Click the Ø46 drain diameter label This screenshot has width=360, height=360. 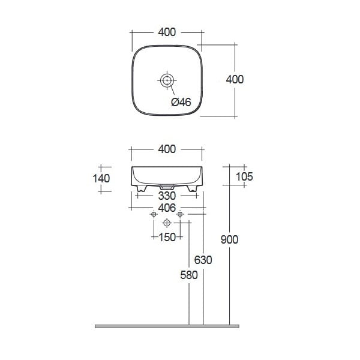click(x=181, y=102)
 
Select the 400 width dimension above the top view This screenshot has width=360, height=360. click(x=167, y=32)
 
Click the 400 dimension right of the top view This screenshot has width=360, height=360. click(x=235, y=79)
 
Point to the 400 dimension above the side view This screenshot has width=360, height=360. click(x=167, y=149)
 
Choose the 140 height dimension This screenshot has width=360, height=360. click(x=101, y=178)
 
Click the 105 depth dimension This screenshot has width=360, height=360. click(x=244, y=176)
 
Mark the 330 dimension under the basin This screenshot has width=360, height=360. click(x=167, y=196)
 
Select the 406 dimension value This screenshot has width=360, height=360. click(x=167, y=208)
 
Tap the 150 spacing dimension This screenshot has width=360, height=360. click(x=167, y=237)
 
